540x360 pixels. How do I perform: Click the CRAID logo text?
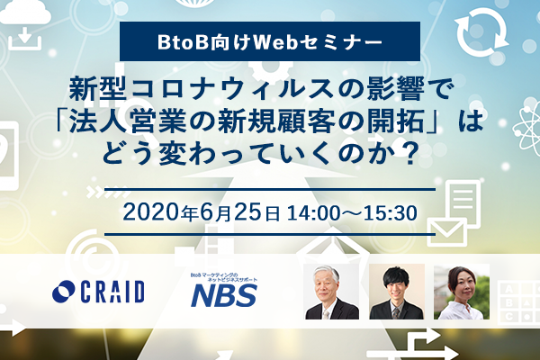click(112, 292)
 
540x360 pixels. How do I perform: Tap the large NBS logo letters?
click(224, 296)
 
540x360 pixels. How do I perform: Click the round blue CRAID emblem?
click(63, 292)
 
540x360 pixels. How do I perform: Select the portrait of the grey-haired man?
click(331, 292)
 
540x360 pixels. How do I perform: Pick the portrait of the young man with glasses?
click(396, 292)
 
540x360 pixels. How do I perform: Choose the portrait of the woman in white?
click(462, 292)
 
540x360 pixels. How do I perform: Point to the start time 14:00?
click(313, 213)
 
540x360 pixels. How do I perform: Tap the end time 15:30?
click(391, 213)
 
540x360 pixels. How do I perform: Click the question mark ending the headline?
click(409, 154)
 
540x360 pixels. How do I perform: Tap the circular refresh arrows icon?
click(481, 31)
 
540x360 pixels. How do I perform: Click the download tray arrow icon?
click(25, 39)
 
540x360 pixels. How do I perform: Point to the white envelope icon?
click(447, 232)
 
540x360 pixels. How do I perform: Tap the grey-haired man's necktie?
click(326, 313)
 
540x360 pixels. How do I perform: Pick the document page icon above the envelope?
click(463, 202)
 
